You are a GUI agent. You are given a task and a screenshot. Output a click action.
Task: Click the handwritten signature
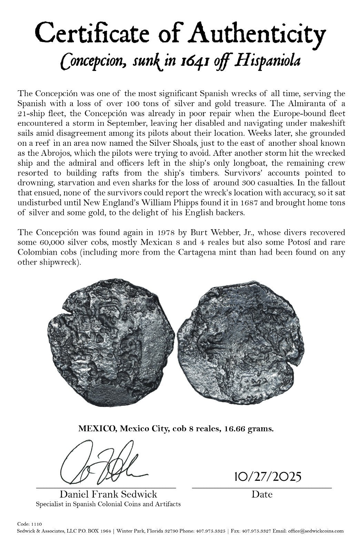point(103,462)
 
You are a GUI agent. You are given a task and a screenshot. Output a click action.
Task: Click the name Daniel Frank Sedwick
point(108,494)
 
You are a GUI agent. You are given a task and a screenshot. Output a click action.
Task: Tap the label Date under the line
point(262,494)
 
